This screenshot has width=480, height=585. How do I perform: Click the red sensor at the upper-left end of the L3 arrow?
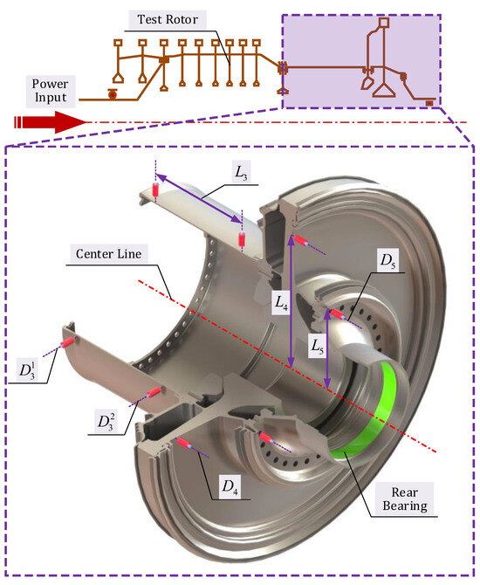coord(157,188)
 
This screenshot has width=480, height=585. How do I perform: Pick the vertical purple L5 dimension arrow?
coord(327,355)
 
